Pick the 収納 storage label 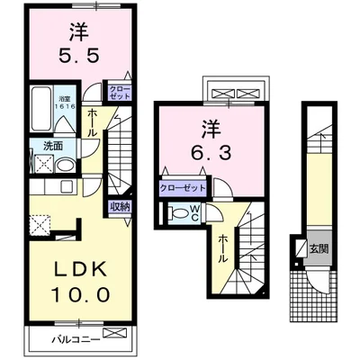click(120, 207)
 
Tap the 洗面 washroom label click(40, 146)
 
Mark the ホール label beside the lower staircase click(221, 247)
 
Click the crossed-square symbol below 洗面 click(41, 164)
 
